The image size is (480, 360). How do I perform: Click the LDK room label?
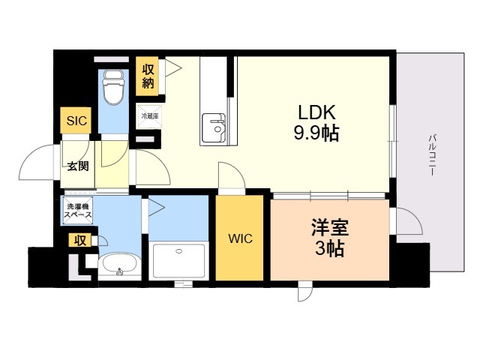(x=316, y=112)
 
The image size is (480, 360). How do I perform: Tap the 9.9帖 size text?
(x=316, y=133)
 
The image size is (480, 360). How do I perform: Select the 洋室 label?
(x=330, y=227)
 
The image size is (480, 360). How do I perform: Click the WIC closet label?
(x=240, y=238)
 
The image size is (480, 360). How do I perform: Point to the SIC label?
(x=76, y=121)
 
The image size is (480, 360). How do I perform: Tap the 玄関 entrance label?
(x=78, y=166)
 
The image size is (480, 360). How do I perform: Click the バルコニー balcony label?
(x=432, y=154)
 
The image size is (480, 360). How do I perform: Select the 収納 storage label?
(x=148, y=76)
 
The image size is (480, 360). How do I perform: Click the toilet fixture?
(x=113, y=87)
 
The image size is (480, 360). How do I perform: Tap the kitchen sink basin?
(x=214, y=127)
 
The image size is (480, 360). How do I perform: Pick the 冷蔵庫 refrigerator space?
(x=149, y=116)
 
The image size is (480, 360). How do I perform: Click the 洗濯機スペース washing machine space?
(x=78, y=211)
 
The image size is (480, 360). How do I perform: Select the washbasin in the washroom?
(x=120, y=265)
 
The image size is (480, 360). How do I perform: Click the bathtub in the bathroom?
(x=178, y=260)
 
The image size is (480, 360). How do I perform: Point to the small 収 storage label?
(x=80, y=241)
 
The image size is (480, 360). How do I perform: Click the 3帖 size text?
(x=330, y=248)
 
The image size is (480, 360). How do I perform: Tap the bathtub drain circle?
(x=178, y=251)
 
